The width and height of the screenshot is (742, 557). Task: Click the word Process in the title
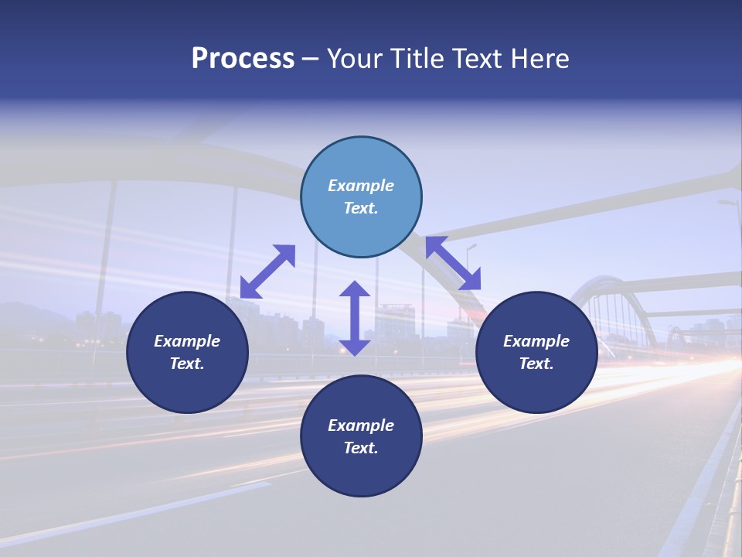point(243,59)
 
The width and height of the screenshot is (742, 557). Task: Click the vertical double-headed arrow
point(355,318)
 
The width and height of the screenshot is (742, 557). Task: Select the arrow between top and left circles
point(267,272)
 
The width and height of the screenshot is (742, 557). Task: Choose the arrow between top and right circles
point(453,263)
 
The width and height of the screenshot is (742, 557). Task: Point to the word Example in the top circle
point(361,186)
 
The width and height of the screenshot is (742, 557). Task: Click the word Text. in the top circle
point(361,208)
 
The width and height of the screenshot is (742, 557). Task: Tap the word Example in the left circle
point(187,341)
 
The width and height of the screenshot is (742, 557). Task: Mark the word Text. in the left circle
point(187,364)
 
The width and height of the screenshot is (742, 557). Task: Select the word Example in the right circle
point(536,341)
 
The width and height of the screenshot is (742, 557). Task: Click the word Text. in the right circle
point(536,364)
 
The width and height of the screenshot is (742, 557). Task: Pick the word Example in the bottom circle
point(361,425)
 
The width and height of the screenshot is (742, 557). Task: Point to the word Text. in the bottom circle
point(361,448)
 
